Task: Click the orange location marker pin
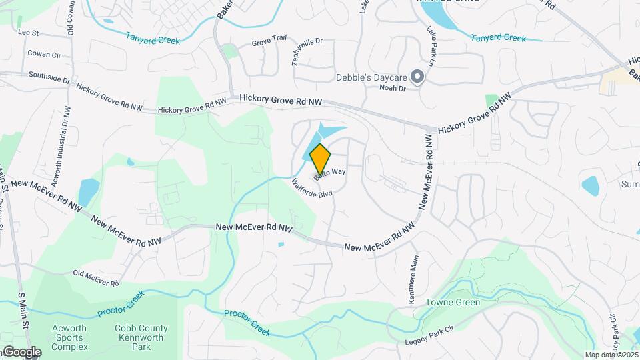pos(320,158)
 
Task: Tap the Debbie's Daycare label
pos(371,77)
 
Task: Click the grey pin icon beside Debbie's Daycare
pos(417,77)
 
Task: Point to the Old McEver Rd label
pos(95,278)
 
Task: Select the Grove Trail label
pos(269,43)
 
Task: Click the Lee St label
pos(29,31)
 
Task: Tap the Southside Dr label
pos(49,79)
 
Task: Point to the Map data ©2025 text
pos(612,355)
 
